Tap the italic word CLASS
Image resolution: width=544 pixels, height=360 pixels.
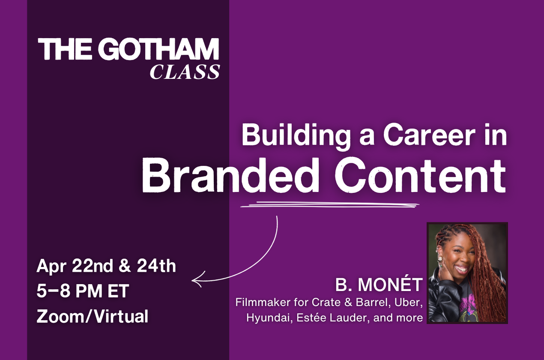pyautogui.click(x=185, y=72)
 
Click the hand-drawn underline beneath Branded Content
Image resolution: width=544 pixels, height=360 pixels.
pyautogui.click(x=330, y=205)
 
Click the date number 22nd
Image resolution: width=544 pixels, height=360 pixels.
pyautogui.click(x=93, y=266)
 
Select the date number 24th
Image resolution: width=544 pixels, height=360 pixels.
pyautogui.click(x=156, y=266)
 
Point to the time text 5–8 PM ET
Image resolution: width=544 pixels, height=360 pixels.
pyautogui.click(x=83, y=291)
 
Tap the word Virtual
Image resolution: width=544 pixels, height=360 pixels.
pyautogui.click(x=121, y=317)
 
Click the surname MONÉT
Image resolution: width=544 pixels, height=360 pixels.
pyautogui.click(x=390, y=285)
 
